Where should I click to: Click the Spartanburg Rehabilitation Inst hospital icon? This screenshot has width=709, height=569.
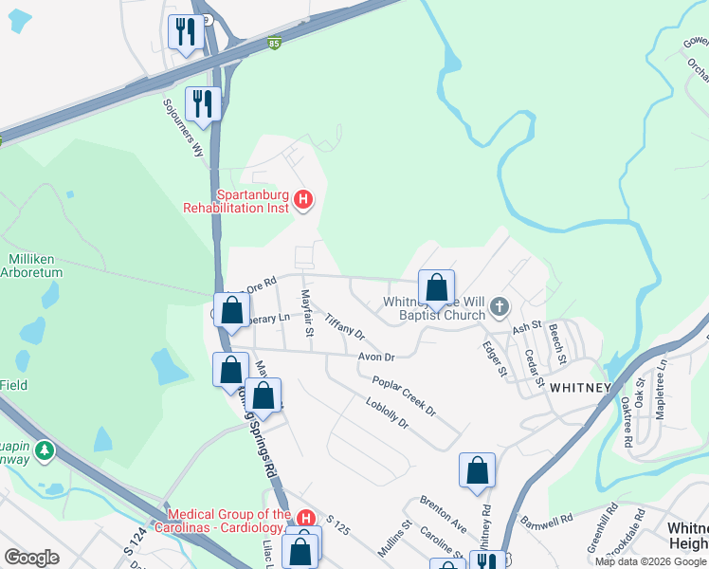tap(303, 199)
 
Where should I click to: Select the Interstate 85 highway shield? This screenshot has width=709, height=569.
tap(274, 44)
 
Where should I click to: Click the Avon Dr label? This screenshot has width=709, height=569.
tap(375, 357)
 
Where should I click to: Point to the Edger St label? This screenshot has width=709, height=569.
tap(493, 359)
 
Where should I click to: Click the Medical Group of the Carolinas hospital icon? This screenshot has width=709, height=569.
tap(305, 518)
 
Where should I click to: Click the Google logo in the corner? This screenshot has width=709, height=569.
tap(31, 558)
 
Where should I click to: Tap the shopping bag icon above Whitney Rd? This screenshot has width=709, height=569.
tap(477, 470)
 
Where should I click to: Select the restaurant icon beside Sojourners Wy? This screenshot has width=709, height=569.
tap(203, 100)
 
